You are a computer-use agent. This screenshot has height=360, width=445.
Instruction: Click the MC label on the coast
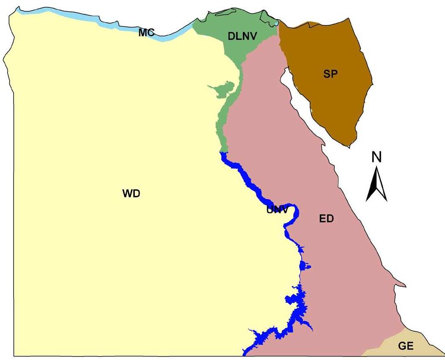[x=147, y=32]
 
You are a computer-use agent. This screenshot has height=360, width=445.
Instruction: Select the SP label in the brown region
[x=331, y=74]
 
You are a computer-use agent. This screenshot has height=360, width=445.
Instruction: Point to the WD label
[x=131, y=194]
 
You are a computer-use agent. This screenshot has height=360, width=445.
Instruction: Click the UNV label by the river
[x=277, y=210]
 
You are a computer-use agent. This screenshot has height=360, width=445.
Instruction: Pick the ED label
[x=326, y=219]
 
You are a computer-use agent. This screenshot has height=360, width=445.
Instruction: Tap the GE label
[x=405, y=346]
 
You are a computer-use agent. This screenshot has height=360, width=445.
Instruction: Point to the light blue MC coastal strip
[x=87, y=20]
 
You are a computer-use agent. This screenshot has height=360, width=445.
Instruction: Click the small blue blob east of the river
[x=305, y=266]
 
